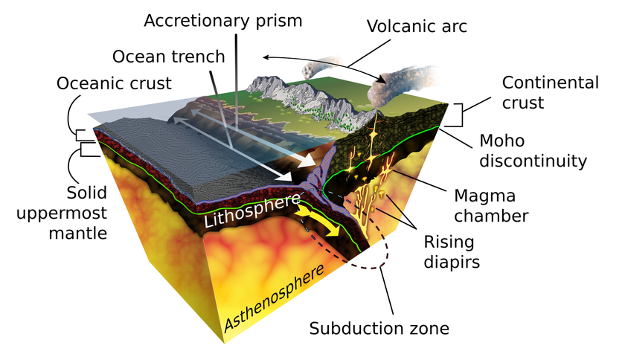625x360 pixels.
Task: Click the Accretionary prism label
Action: click(222, 21)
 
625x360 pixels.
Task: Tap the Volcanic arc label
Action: click(417, 26)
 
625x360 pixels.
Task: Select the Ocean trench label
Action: click(169, 57)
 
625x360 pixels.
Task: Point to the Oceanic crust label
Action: click(114, 83)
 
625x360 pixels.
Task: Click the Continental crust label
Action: click(550, 92)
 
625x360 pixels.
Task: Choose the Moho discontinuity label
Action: click(533, 151)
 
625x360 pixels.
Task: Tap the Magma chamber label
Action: click(491, 206)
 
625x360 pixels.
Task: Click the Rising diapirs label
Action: click(452, 252)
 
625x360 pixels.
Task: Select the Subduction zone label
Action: click(379, 328)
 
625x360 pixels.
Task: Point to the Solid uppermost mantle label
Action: click(62, 213)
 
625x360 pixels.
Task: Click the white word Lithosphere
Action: click(252, 211)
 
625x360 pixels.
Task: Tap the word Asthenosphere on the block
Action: click(275, 298)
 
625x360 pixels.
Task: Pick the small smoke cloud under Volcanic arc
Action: click(321, 67)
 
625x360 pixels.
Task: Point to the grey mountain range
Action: click(311, 103)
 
